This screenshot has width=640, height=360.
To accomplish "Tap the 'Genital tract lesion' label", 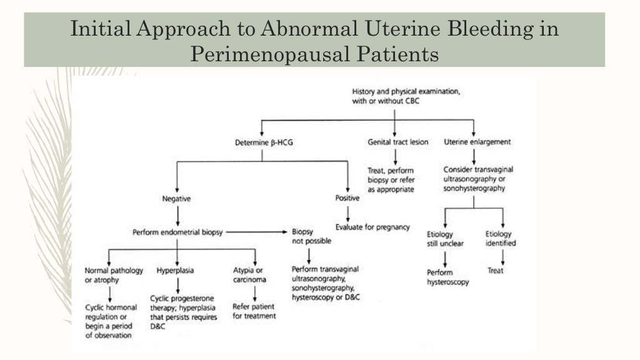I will [397, 142].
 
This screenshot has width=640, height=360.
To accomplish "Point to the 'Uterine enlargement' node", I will [477, 142].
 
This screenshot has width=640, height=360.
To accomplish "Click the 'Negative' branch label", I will [176, 199].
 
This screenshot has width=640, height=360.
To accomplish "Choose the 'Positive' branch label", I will [347, 199].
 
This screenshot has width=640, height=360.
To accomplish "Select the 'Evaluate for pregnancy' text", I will [372, 227].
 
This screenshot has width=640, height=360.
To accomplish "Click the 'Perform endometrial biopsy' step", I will [177, 232].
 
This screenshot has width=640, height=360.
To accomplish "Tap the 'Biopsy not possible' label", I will [311, 236].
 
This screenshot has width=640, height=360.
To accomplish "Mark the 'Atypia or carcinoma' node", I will [249, 275].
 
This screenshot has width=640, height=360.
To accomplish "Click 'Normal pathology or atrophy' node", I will [114, 275].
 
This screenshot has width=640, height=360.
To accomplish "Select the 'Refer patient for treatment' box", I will [254, 311].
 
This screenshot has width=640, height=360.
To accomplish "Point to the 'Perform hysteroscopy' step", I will [447, 277].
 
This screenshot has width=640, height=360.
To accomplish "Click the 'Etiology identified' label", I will [501, 238].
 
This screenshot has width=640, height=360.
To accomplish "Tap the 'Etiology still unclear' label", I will [445, 239].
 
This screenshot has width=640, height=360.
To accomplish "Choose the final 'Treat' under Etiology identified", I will [496, 271].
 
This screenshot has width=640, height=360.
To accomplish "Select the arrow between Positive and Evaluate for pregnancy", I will [347, 213].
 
